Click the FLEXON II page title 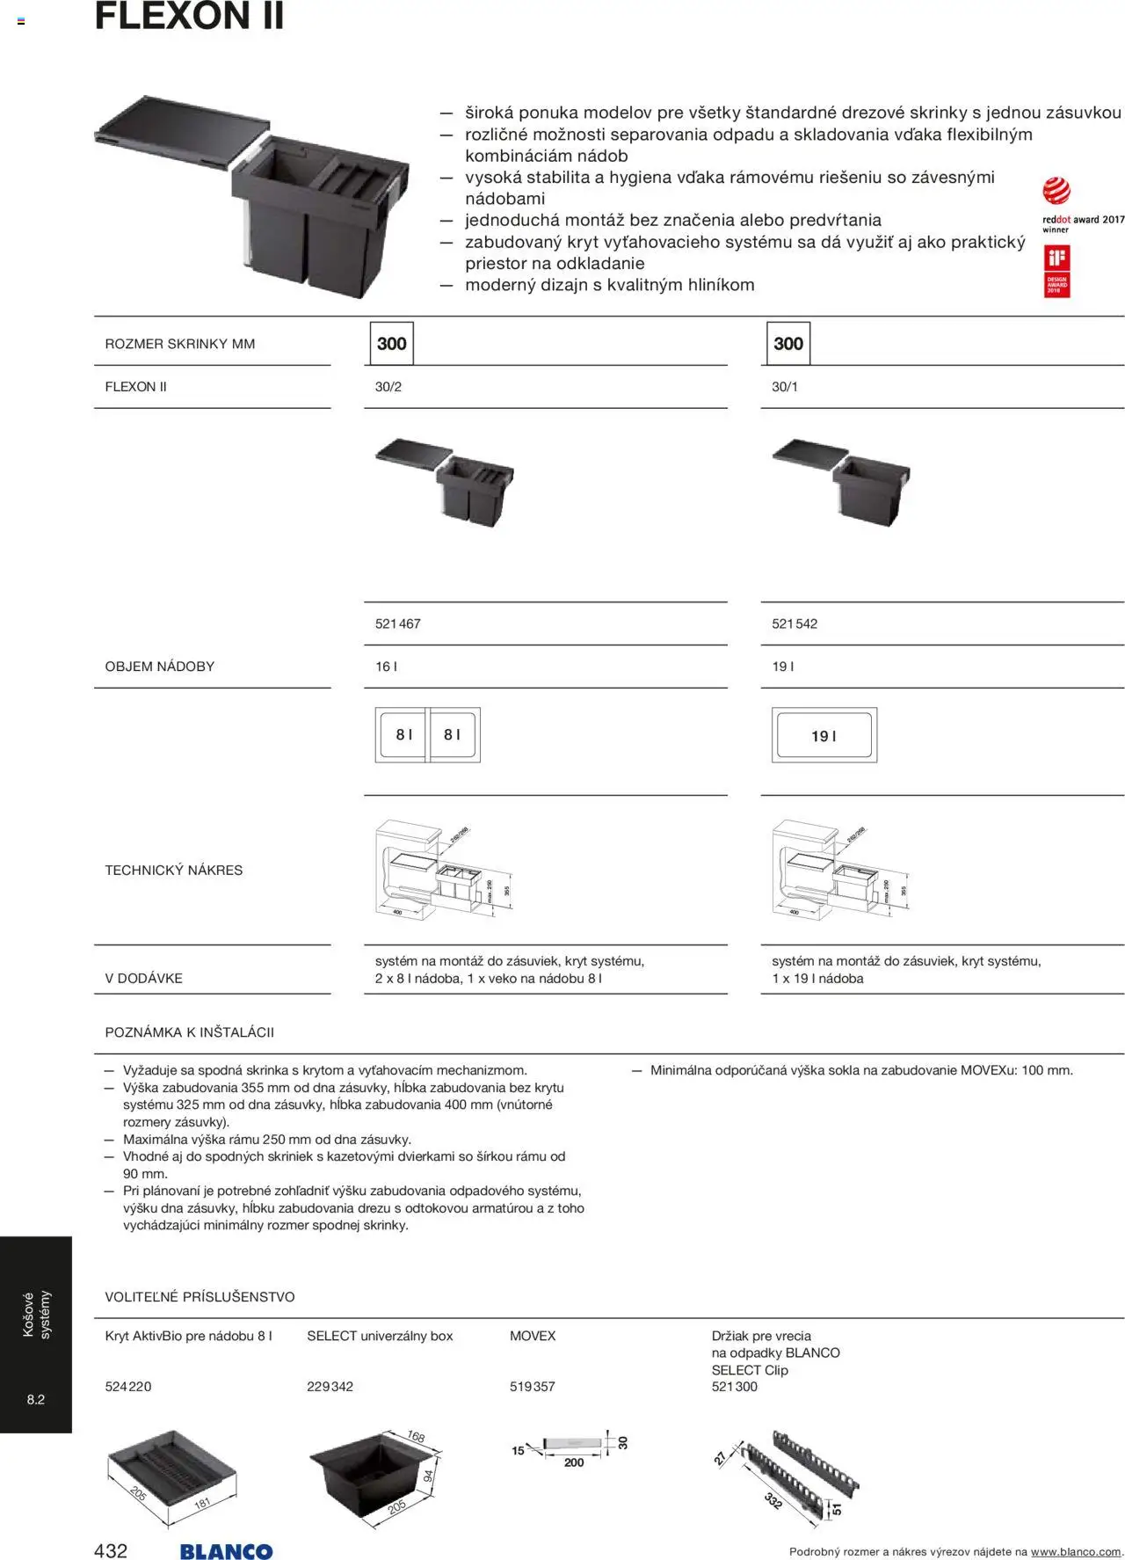click(x=189, y=16)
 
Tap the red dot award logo click(x=1056, y=192)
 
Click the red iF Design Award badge click(x=1056, y=271)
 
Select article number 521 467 click(x=397, y=623)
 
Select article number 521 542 click(x=795, y=623)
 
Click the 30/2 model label click(x=388, y=387)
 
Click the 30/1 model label click(x=785, y=387)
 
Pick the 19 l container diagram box click(x=824, y=735)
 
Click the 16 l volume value click(x=386, y=667)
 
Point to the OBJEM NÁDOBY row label click(x=160, y=667)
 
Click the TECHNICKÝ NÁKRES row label click(x=174, y=870)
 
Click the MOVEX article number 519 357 click(x=533, y=1387)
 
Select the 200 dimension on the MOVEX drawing click(x=574, y=1462)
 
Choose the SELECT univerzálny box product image click(x=374, y=1475)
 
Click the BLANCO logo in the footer click(x=226, y=1552)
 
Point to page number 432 click(x=111, y=1550)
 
